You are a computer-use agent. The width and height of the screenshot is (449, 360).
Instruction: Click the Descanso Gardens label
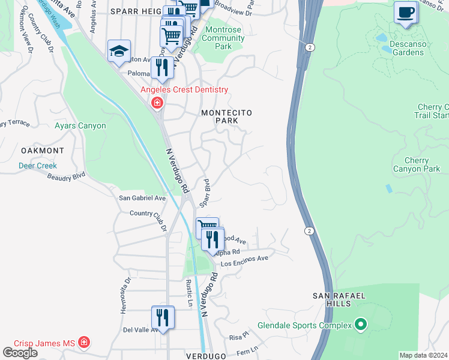(x=399, y=48)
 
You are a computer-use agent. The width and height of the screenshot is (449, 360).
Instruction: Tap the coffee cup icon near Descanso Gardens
(x=406, y=12)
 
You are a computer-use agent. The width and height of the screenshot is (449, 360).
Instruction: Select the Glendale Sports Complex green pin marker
(x=361, y=325)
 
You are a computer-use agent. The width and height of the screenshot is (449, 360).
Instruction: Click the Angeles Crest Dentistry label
(x=184, y=90)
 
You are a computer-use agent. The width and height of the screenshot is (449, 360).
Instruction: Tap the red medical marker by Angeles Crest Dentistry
(x=157, y=103)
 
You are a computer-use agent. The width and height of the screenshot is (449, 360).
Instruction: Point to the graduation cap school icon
(x=119, y=51)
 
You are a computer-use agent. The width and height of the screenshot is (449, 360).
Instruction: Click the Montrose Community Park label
(x=223, y=38)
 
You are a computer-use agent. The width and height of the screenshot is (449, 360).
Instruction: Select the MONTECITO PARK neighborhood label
(x=227, y=116)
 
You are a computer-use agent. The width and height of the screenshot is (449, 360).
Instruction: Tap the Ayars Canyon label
(x=80, y=126)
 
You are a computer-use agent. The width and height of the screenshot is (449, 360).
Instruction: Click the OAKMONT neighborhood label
(x=43, y=150)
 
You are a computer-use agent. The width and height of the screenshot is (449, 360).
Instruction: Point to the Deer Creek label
(x=37, y=166)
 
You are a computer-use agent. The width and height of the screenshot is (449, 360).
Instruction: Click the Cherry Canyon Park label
(x=416, y=164)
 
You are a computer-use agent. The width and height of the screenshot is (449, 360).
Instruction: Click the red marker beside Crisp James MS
(x=84, y=343)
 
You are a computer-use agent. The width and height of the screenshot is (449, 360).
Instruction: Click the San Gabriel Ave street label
(x=142, y=198)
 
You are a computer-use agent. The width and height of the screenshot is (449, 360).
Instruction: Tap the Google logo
(x=20, y=353)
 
